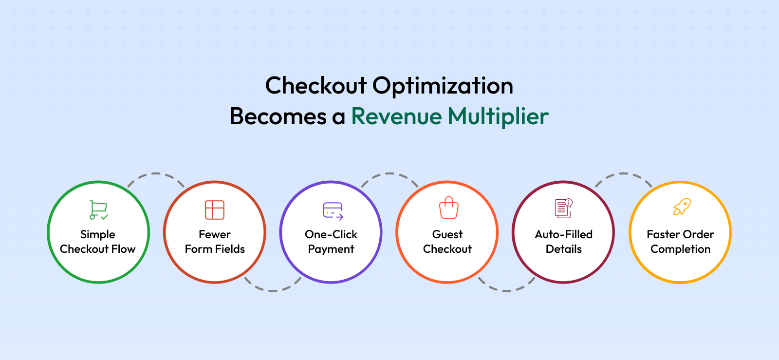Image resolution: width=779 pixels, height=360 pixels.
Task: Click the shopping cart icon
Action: pyautogui.click(x=98, y=210)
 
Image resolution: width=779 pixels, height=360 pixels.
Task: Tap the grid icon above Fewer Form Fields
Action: pyautogui.click(x=215, y=210)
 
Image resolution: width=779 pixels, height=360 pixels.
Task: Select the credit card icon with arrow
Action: pyautogui.click(x=333, y=211)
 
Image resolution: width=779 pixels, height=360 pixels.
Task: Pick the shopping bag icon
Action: pyautogui.click(x=448, y=208)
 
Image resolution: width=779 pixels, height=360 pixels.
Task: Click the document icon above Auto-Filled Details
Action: pyautogui.click(x=563, y=208)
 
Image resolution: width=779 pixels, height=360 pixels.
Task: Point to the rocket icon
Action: pyautogui.click(x=682, y=207)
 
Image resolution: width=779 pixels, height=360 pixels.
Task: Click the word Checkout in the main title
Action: pyautogui.click(x=316, y=85)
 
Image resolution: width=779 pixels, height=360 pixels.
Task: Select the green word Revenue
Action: pyautogui.click(x=396, y=116)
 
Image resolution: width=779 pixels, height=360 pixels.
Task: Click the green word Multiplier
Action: pyautogui.click(x=498, y=117)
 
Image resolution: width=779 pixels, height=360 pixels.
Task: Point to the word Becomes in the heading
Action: pyautogui.click(x=278, y=116)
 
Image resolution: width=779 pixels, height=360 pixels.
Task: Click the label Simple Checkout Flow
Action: pyautogui.click(x=98, y=242)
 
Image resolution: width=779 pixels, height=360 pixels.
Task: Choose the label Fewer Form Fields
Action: pyautogui.click(x=215, y=242)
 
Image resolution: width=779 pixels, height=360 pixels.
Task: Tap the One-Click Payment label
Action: pyautogui.click(x=331, y=242)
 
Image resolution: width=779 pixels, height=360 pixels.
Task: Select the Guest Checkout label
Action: pyautogui.click(x=447, y=242)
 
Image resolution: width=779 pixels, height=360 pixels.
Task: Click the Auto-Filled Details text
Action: pyautogui.click(x=564, y=242)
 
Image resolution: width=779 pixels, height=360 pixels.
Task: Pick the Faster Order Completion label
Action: pyautogui.click(x=681, y=242)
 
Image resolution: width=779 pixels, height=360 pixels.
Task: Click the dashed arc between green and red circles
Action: pyautogui.click(x=156, y=173)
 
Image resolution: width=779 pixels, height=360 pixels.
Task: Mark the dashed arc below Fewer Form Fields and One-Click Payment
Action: pyautogui.click(x=273, y=290)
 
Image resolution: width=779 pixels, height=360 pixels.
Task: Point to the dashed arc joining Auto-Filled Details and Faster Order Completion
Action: pyautogui.click(x=624, y=173)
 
